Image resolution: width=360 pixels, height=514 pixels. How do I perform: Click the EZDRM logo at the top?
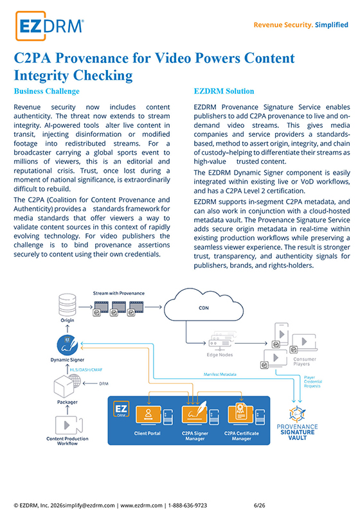point(50,26)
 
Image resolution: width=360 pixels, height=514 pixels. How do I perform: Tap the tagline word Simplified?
point(332,25)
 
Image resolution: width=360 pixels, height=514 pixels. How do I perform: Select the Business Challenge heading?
point(46,91)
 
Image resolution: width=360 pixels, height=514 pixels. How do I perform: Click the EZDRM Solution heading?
point(224,91)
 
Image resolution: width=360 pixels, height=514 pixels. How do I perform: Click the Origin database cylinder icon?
point(67,305)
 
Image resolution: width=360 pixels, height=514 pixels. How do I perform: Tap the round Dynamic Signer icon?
point(67,346)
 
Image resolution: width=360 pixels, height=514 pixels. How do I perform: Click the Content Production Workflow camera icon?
point(69,425)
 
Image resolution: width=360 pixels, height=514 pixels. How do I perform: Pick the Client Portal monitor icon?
point(148,415)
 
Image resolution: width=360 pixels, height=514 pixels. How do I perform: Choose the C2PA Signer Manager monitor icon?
point(195,414)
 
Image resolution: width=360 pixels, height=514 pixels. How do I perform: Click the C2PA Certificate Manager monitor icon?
point(241,414)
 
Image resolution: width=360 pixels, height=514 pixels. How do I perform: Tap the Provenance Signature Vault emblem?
point(298,414)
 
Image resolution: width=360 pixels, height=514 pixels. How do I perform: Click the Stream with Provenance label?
point(119,294)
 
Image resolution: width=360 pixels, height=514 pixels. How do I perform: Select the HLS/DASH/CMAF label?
point(86,370)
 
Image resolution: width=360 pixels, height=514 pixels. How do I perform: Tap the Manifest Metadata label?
point(220,375)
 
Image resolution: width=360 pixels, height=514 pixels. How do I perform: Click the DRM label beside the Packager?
point(104,384)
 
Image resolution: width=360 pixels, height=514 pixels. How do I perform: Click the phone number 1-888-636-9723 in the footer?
point(188,506)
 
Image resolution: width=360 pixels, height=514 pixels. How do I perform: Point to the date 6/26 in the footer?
point(259,506)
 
